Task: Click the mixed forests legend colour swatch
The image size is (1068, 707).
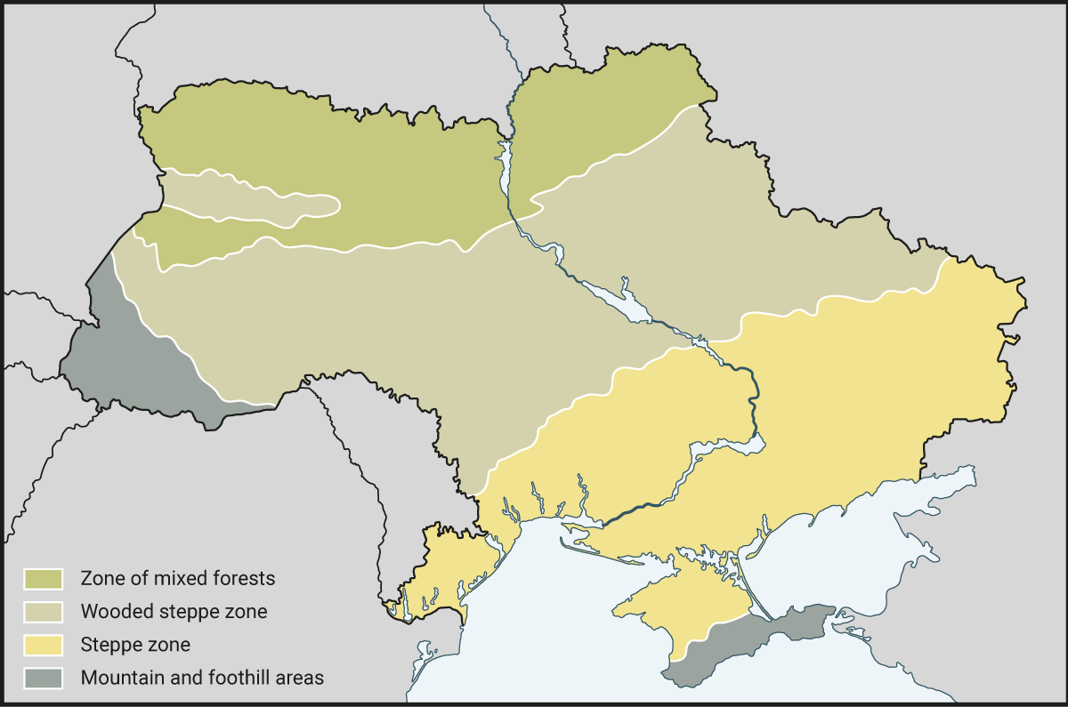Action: coord(44,578)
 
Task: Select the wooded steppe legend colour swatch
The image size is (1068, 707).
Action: coord(44,611)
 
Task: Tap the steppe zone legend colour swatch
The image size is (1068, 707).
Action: coord(44,644)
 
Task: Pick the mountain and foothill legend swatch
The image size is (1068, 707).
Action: coord(44,677)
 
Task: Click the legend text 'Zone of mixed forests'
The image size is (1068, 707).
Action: coord(178,578)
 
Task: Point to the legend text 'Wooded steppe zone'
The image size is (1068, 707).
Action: coord(174,611)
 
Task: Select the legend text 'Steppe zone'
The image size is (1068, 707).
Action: coord(135,644)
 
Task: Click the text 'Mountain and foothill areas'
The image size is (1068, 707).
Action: coord(202,677)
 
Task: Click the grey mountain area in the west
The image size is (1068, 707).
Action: coord(133,365)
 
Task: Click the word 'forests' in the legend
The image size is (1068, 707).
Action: coord(244,578)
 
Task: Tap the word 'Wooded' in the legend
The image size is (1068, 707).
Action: coord(112,611)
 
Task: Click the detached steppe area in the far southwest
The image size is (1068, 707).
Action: coord(445,569)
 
